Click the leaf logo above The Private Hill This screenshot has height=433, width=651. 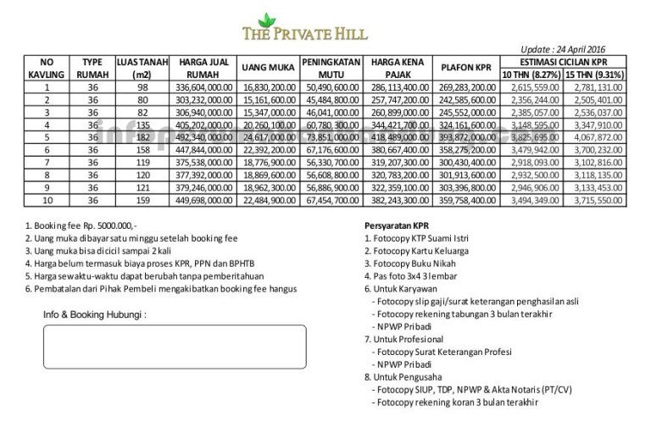[266, 19]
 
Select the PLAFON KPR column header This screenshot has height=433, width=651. [466, 68]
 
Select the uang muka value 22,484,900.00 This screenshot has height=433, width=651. [270, 199]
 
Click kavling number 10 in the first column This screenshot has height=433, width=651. [47, 199]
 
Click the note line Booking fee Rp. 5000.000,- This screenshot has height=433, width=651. [81, 226]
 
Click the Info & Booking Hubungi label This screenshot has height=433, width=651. [95, 314]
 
